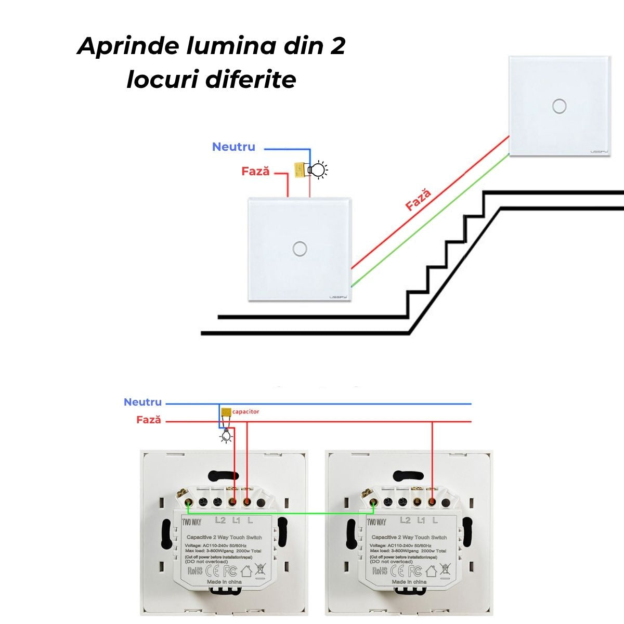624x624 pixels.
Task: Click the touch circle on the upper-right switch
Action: click(559, 106)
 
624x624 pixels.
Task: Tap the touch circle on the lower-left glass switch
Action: click(300, 249)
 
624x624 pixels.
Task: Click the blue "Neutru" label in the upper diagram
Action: click(233, 147)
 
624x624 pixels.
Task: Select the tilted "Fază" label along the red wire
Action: click(419, 200)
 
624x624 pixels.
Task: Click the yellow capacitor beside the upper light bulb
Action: click(300, 170)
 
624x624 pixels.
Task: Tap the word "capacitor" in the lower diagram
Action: click(245, 411)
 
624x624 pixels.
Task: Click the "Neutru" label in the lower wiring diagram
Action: click(142, 402)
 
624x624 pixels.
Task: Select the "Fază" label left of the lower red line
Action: click(149, 420)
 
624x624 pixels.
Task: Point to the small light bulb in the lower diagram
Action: click(226, 436)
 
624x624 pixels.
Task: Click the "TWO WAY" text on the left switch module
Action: click(191, 522)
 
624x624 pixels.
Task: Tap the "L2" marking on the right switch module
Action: click(405, 520)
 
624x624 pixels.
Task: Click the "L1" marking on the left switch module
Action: click(236, 520)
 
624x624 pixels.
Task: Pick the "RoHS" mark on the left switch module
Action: click(195, 570)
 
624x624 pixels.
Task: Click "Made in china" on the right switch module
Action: click(409, 582)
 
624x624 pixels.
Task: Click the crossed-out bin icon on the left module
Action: click(261, 569)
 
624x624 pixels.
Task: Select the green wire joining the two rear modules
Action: click(281, 514)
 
